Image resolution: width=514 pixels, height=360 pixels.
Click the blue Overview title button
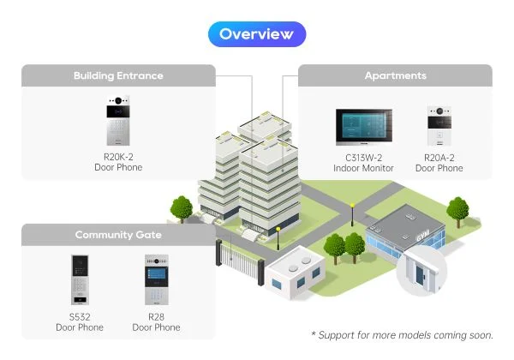pyautogui.click(x=257, y=34)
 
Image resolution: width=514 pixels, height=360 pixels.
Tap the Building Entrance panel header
pyautogui.click(x=118, y=75)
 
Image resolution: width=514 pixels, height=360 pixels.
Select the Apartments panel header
pyautogui.click(x=395, y=75)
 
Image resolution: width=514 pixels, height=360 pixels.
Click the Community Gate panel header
pyautogui.click(x=118, y=235)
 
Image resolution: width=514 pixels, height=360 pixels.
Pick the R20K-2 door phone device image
pyautogui.click(x=118, y=121)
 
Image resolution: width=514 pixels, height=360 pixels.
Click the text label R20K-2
pyautogui.click(x=118, y=157)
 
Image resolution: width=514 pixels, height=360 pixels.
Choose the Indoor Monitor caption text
pyautogui.click(x=363, y=168)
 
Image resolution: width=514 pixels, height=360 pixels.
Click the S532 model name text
pyautogui.click(x=80, y=317)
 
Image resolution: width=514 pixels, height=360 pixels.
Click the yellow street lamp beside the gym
pyautogui.click(x=351, y=211)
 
